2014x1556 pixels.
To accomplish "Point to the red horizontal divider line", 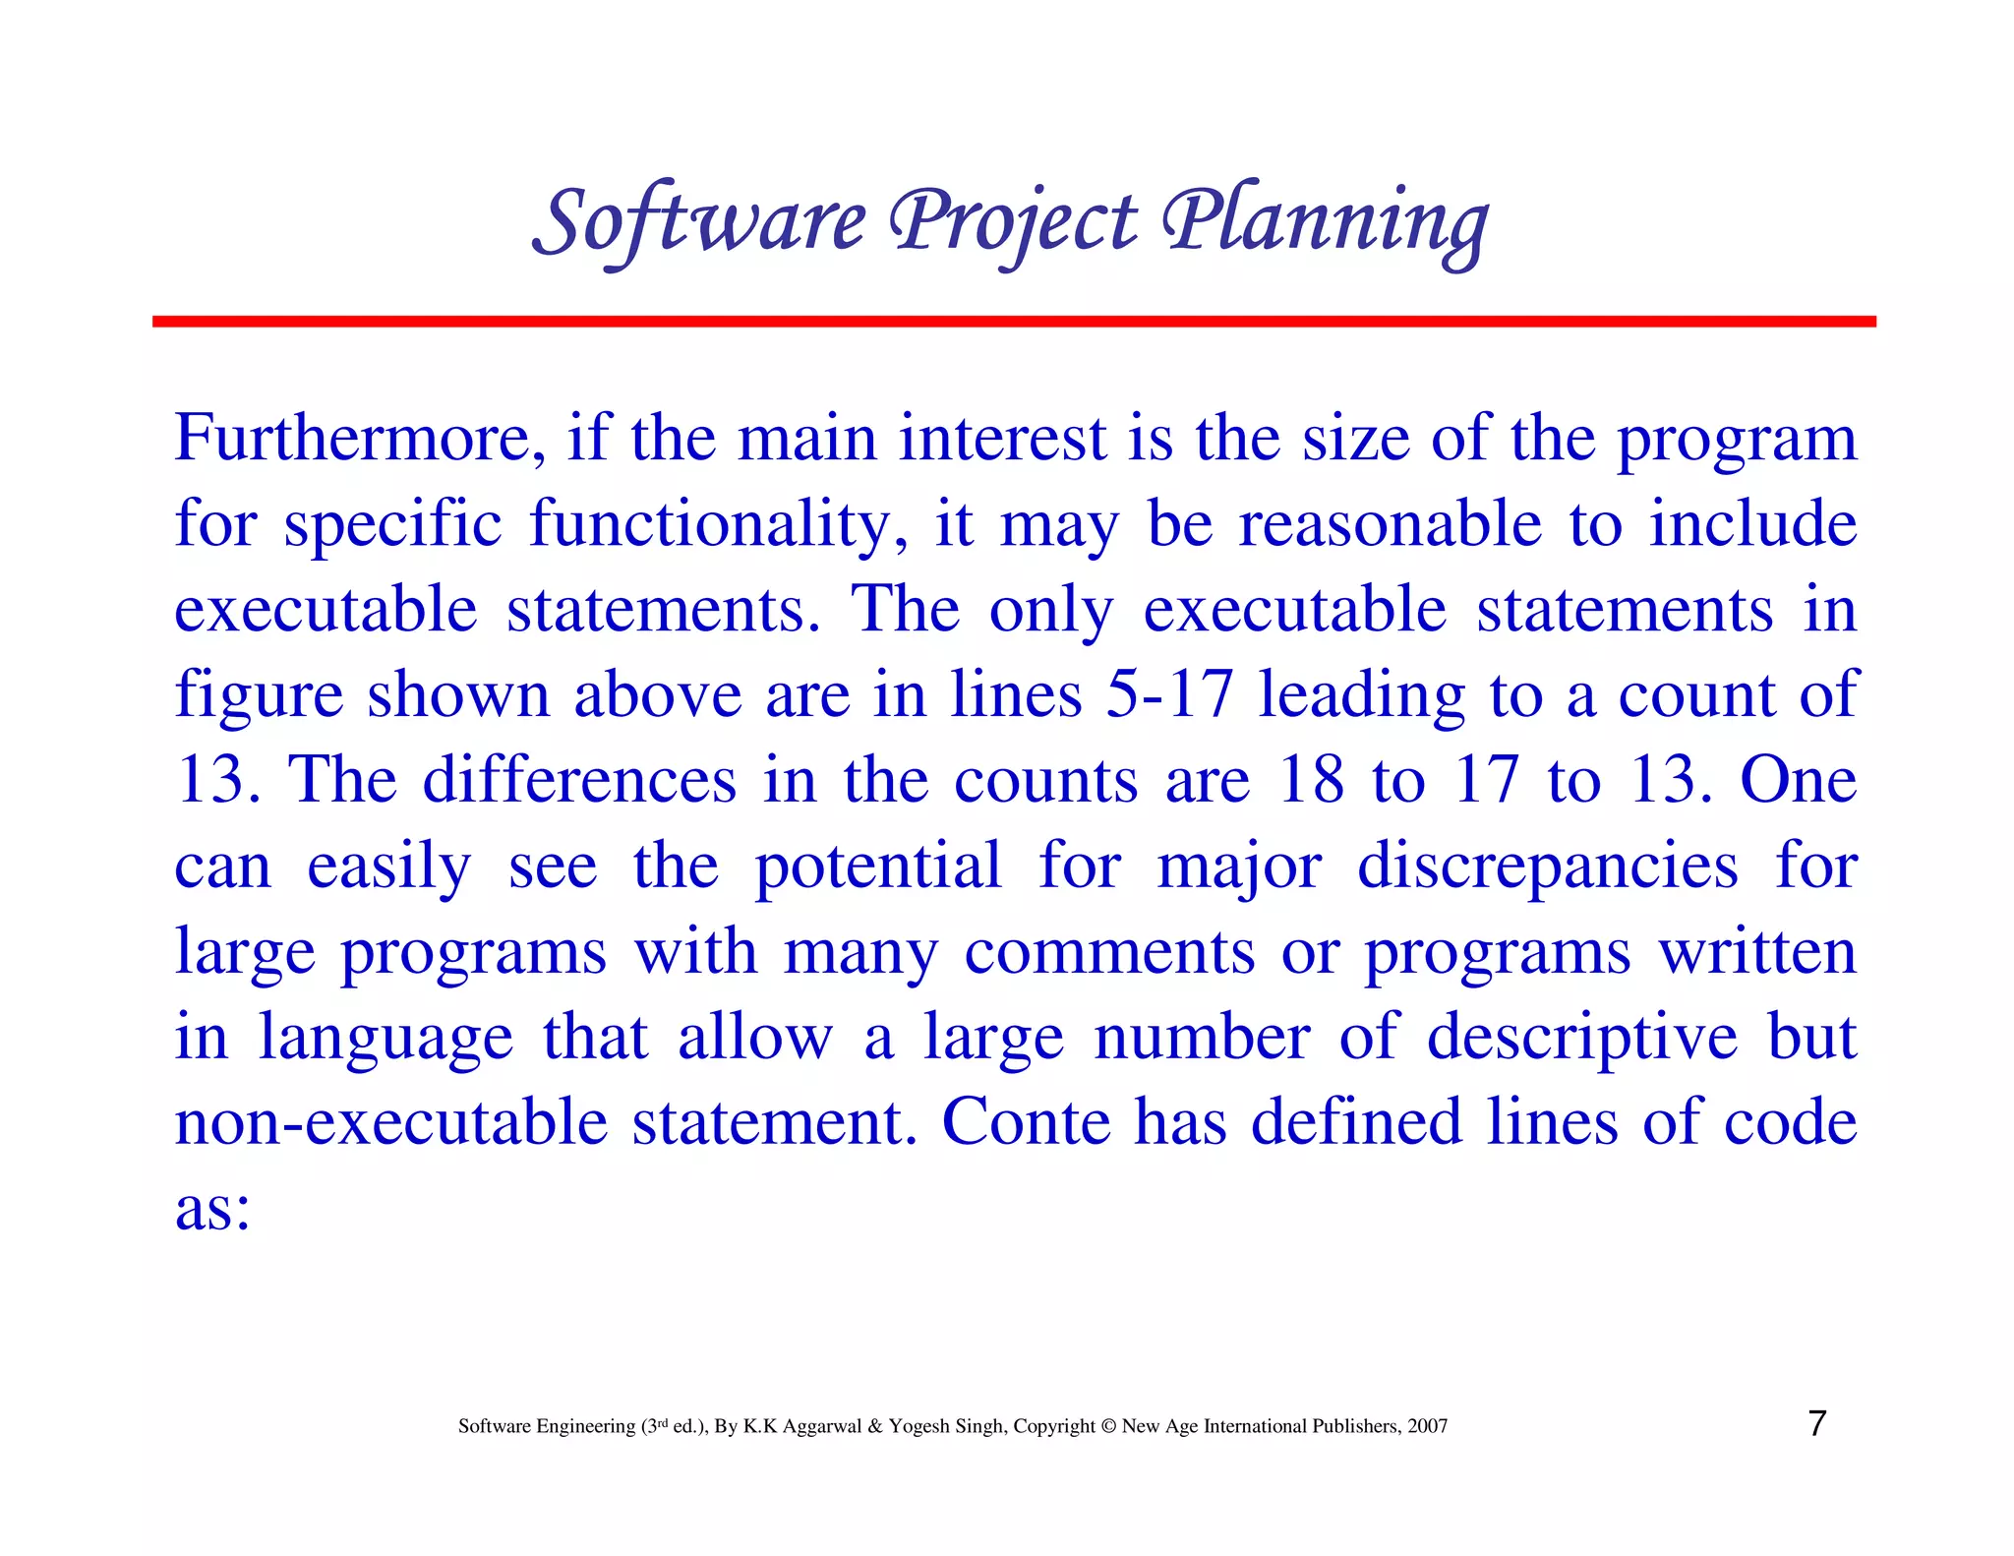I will point(1013,322).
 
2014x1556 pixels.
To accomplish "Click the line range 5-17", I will point(1169,694).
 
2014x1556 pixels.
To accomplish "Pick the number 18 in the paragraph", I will point(1311,780).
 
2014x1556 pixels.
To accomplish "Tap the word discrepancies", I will point(1547,866).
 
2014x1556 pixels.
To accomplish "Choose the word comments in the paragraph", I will point(1109,952).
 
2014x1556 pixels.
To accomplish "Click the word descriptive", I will point(1582,1038).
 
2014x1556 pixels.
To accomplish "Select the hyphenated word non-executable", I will point(390,1122).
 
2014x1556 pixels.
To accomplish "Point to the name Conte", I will point(1026,1122).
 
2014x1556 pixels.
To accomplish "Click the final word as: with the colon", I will point(212,1209).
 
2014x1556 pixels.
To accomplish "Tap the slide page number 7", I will point(1817,1423).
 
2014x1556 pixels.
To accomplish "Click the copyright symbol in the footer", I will point(1108,1426).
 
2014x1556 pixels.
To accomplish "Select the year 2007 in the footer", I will point(1427,1426).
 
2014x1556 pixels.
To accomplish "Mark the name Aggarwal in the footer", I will point(822,1426).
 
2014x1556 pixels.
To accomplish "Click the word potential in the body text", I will point(877,868).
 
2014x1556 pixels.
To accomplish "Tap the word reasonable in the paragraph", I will point(1390,524).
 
